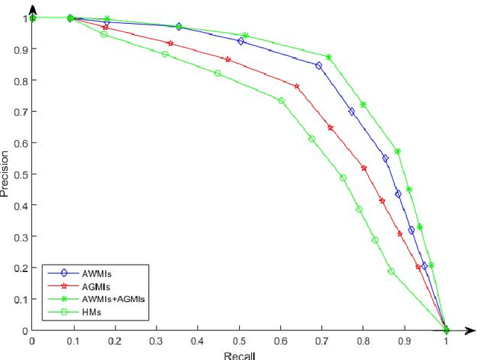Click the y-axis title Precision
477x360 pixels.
click(x=6, y=175)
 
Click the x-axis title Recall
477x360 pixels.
click(x=238, y=355)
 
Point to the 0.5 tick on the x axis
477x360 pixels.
click(x=238, y=341)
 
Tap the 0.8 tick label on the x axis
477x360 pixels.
click(x=363, y=341)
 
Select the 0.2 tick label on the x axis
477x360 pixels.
click(x=114, y=341)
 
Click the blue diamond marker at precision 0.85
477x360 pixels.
click(x=318, y=66)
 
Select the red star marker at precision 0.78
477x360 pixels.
click(x=297, y=86)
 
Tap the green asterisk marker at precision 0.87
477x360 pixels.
click(x=329, y=57)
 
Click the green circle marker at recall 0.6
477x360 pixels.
click(x=281, y=100)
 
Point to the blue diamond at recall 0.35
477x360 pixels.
click(x=179, y=27)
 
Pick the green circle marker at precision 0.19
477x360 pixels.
click(x=391, y=271)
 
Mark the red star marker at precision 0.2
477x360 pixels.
click(x=418, y=267)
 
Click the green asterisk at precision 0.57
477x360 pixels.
click(x=397, y=151)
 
